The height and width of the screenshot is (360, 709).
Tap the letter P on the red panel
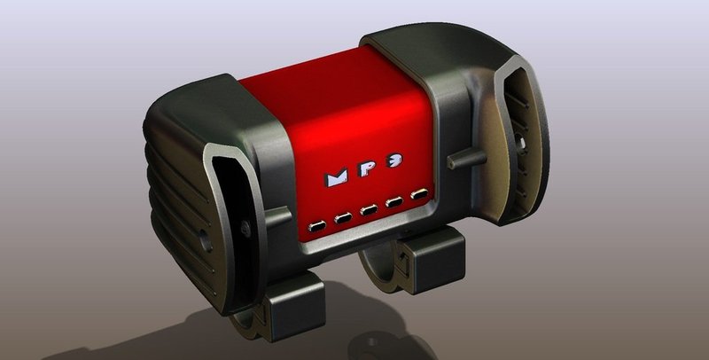[370, 173]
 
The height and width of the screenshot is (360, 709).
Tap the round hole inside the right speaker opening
[523, 141]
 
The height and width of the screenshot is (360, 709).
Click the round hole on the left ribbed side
[205, 238]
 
